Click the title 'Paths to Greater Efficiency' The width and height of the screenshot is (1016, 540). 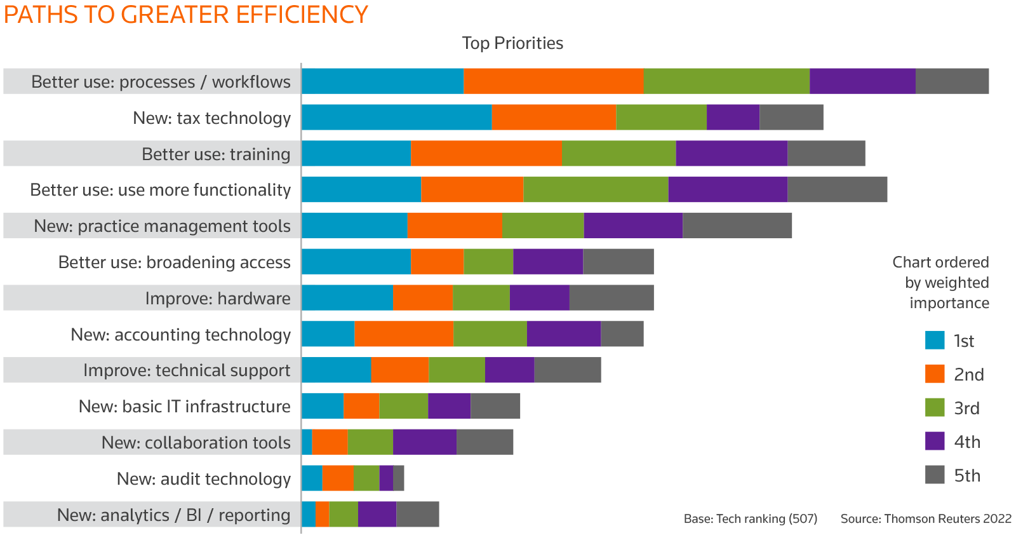pyautogui.click(x=185, y=15)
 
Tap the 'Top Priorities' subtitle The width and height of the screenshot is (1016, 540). pyautogui.click(x=512, y=43)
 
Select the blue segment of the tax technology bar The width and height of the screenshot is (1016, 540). pyautogui.click(x=396, y=118)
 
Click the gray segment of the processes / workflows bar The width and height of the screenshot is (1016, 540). pyautogui.click(x=952, y=81)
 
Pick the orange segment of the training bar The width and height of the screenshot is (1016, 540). pyautogui.click(x=486, y=154)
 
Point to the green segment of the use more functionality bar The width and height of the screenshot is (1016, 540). pyautogui.click(x=595, y=190)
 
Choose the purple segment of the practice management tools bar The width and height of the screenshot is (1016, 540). pyautogui.click(x=633, y=226)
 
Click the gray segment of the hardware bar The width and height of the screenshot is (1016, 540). pyautogui.click(x=612, y=298)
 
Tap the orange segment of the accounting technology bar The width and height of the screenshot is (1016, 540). pyautogui.click(x=403, y=334)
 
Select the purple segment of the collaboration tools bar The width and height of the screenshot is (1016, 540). pyautogui.click(x=424, y=442)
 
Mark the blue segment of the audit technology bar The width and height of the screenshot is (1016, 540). pyautogui.click(x=312, y=478)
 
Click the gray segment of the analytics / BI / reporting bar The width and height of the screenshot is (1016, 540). pyautogui.click(x=417, y=515)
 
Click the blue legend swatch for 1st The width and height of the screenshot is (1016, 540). pyautogui.click(x=935, y=341)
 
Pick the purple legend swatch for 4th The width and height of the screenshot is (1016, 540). pyautogui.click(x=935, y=442)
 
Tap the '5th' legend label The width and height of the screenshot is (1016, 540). pyautogui.click(x=967, y=475)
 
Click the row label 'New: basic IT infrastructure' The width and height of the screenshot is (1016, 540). pyautogui.click(x=184, y=407)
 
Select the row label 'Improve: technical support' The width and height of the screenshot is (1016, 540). pyautogui.click(x=187, y=370)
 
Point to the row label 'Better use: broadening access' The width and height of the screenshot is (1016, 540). pyautogui.click(x=174, y=262)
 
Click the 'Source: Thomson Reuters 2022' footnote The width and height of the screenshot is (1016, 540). pyautogui.click(x=925, y=519)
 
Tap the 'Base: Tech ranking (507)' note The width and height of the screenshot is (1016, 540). pyautogui.click(x=750, y=519)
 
